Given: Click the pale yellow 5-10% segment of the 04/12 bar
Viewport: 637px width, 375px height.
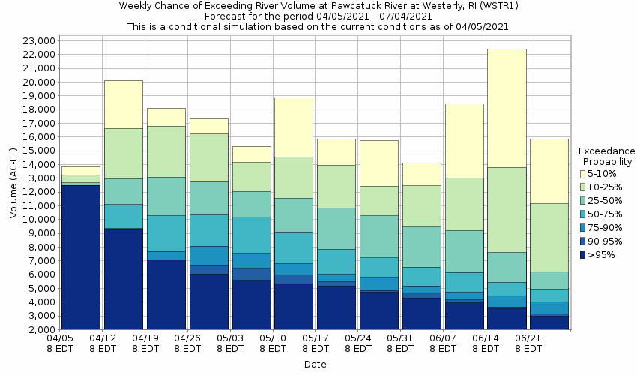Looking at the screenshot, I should click(x=124, y=104).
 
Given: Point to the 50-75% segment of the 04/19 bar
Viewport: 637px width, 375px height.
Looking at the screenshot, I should click(x=166, y=233).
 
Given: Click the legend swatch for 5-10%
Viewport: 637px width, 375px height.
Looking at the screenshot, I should click(x=583, y=174).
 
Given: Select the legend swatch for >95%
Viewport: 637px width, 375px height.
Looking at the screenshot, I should click(x=583, y=255).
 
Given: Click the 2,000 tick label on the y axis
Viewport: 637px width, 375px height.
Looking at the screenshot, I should click(x=37, y=329).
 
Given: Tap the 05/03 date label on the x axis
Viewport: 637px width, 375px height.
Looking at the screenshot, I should click(x=229, y=343).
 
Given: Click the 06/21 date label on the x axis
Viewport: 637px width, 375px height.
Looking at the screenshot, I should click(x=528, y=343).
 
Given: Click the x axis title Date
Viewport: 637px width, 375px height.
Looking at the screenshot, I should click(x=315, y=364).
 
